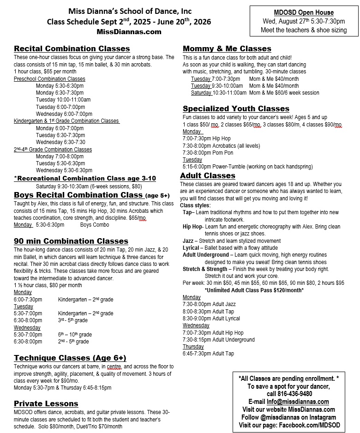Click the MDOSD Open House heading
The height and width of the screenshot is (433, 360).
coord(303,12)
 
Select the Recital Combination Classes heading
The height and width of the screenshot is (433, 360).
coord(72,48)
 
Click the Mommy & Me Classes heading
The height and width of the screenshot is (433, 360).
coord(227,48)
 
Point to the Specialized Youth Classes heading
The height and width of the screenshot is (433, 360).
coord(236,109)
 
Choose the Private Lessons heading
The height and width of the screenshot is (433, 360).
coord(46,403)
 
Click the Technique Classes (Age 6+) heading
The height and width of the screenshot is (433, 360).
coord(70,358)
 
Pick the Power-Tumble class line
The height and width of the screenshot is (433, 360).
coord(247,167)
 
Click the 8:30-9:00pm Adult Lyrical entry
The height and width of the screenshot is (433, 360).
coord(211,319)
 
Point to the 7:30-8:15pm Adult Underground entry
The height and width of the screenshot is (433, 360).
coord(218,340)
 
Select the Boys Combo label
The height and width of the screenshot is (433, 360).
coord(94,225)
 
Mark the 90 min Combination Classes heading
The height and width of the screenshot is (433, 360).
coord(71,241)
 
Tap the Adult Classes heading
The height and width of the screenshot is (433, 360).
coord(207,175)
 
